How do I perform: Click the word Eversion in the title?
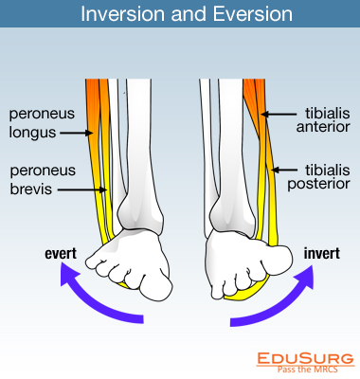pyautogui.click(x=243, y=16)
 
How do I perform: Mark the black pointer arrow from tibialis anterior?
pyautogui.click(x=276, y=115)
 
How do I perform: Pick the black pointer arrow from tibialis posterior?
pyautogui.click(x=281, y=170)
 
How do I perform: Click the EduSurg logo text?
pyautogui.click(x=305, y=358)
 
